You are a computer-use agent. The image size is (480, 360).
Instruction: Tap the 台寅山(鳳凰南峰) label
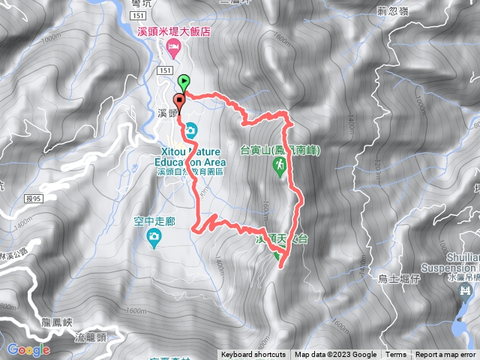280,149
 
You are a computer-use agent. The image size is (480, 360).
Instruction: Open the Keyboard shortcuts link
253,355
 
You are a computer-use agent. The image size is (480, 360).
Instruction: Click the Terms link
396,355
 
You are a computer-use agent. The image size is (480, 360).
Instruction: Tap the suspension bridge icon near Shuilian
467,289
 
